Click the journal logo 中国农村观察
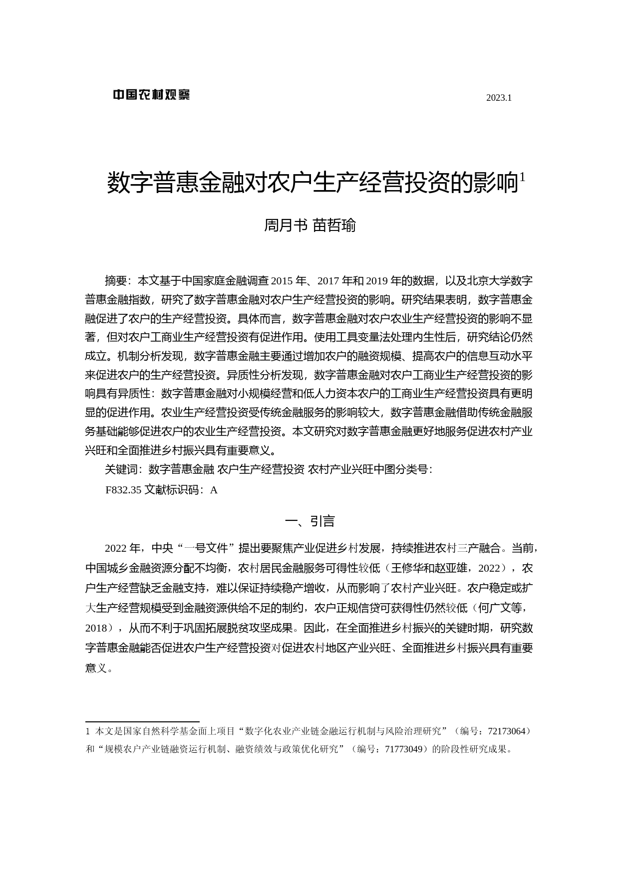coord(151,95)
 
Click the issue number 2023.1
coord(499,98)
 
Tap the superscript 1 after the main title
coord(522,177)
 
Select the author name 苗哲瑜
coord(334,226)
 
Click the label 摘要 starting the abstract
coord(115,281)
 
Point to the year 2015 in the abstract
coord(283,281)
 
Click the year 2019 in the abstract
coord(380,281)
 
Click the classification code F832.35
coord(123,490)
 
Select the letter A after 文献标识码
coord(214,490)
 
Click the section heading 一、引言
coord(309,521)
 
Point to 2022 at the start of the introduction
coord(115,549)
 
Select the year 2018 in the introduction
coord(96,628)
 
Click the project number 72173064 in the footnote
coord(506,731)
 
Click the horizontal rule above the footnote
coord(142,721)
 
